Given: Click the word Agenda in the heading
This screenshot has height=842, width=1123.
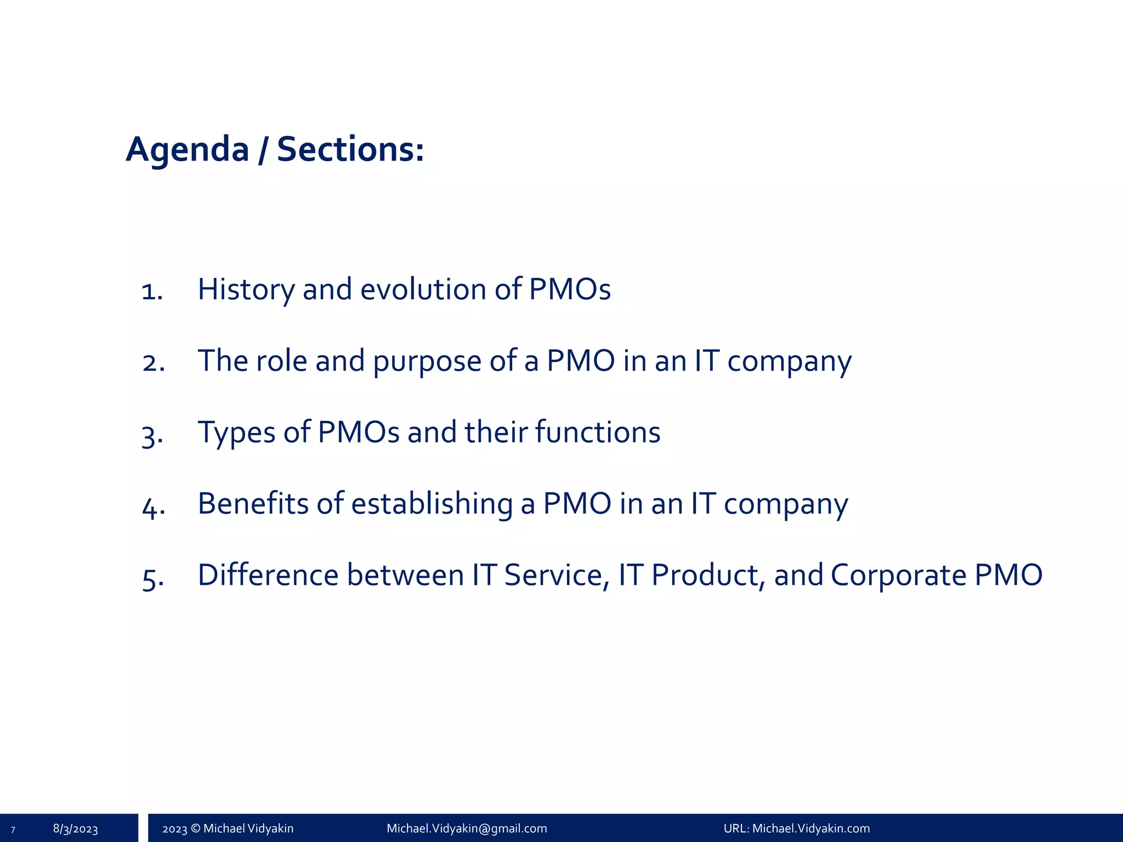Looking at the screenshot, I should click(x=188, y=150).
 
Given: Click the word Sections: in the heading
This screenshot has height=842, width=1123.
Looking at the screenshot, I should click(x=350, y=150).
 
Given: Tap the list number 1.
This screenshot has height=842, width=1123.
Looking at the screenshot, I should click(x=152, y=291).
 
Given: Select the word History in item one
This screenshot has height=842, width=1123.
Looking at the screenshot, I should click(x=246, y=289).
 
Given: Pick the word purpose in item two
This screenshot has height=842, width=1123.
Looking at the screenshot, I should click(x=427, y=362).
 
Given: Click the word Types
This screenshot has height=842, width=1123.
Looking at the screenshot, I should click(x=236, y=433).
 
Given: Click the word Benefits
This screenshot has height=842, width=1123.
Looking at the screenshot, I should click(x=253, y=504).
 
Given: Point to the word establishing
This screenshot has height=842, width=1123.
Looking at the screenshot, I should click(x=432, y=504).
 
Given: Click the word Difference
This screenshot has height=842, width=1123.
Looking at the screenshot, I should click(x=268, y=575).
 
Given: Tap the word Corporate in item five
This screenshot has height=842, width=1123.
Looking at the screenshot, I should click(x=898, y=575).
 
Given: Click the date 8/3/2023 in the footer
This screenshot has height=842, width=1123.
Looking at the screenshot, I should click(x=75, y=828).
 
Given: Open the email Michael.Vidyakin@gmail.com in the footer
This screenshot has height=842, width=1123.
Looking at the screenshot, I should click(x=467, y=828).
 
